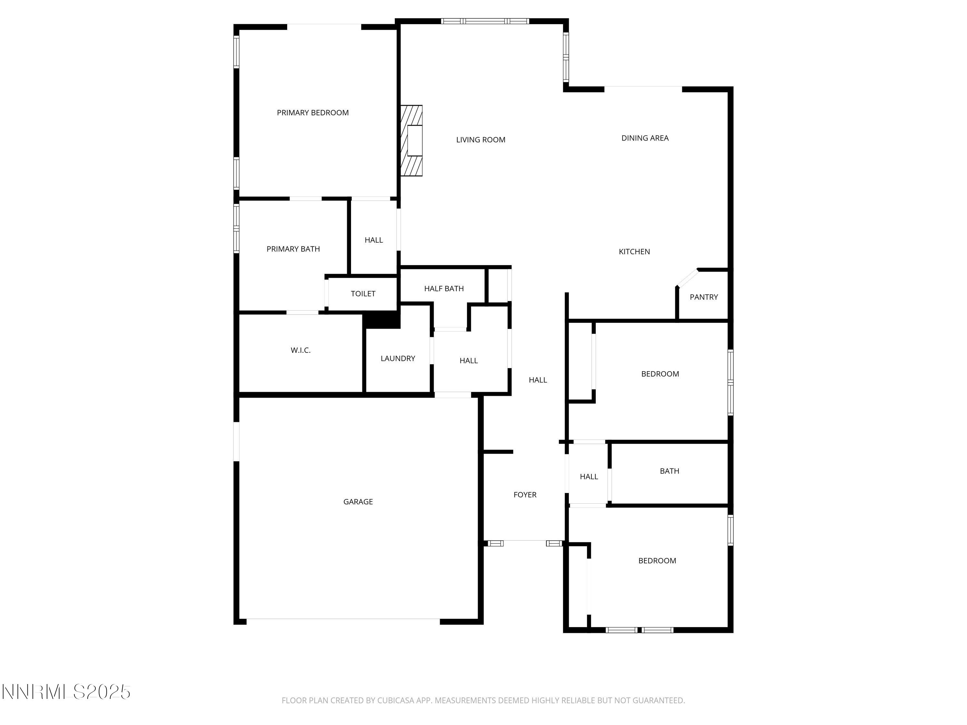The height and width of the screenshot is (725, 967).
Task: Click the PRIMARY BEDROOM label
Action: [x=313, y=113]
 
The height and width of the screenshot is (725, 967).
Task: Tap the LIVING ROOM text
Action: [x=481, y=140]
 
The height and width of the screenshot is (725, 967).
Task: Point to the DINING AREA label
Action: [x=645, y=138]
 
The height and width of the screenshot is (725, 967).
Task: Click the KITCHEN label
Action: [x=634, y=252]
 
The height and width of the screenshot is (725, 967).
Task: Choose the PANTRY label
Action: [x=703, y=297]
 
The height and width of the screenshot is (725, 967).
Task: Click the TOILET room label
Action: [x=363, y=294]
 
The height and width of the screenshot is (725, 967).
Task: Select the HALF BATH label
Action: [x=444, y=288]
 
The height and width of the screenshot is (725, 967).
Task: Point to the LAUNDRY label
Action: [x=397, y=358]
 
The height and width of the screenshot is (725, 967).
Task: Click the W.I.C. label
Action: [x=300, y=351]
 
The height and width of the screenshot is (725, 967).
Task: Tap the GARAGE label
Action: [x=357, y=502]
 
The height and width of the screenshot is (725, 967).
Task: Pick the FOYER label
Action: [x=524, y=495]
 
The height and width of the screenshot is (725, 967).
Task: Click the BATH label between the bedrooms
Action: [x=669, y=471]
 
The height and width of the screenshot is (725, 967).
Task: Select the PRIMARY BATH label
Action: [x=293, y=249]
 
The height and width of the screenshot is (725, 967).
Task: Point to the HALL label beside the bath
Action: [x=588, y=477]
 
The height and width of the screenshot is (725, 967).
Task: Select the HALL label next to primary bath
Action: [x=373, y=240]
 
